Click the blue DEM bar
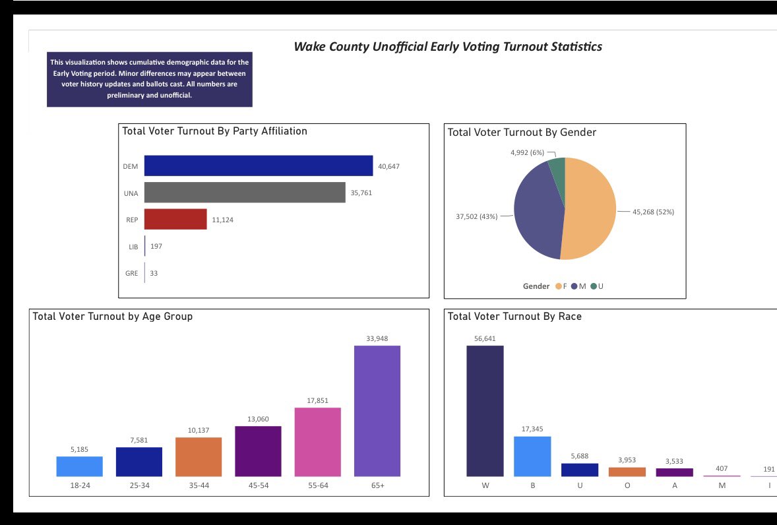[x=258, y=166]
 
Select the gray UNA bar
[x=245, y=193]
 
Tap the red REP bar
[x=175, y=219]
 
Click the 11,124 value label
[x=222, y=220]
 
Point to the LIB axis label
[x=133, y=247]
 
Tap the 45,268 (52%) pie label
[x=653, y=212]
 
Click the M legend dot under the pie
[x=575, y=286]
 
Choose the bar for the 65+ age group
[x=377, y=411]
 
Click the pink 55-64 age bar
[x=318, y=443]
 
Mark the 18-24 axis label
[x=80, y=485]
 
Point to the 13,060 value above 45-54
[x=258, y=419]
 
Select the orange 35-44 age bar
[x=199, y=457]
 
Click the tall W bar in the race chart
[x=485, y=411]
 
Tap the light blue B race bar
[x=532, y=456]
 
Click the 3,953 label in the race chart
[x=627, y=460]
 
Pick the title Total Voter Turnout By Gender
[x=522, y=133]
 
